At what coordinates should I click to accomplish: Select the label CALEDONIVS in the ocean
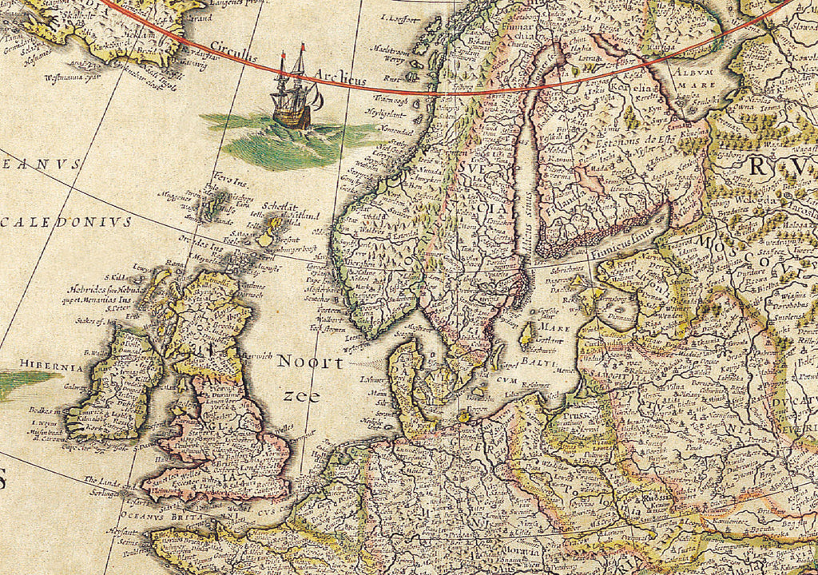[x=66, y=222]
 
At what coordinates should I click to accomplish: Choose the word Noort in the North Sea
[x=310, y=363]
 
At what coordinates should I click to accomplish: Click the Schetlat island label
[x=287, y=205]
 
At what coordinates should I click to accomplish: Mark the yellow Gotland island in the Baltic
[x=527, y=334]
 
